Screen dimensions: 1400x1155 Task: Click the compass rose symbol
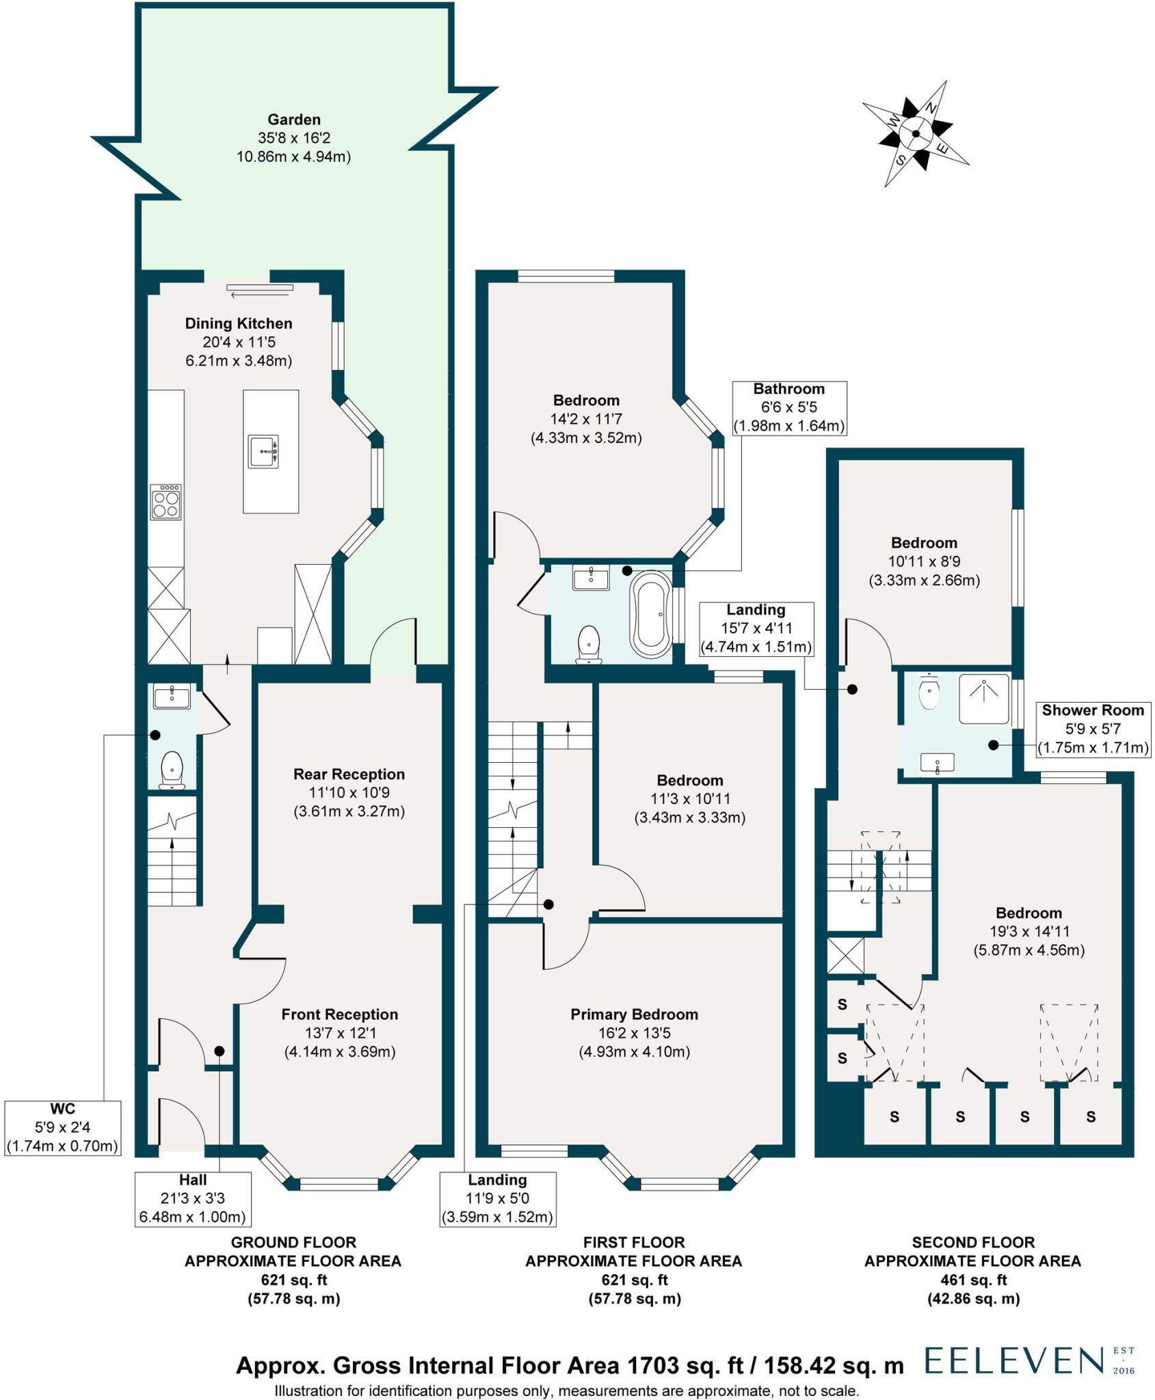[915, 134]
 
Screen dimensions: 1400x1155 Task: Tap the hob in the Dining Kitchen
[166, 502]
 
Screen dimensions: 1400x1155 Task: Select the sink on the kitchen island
[263, 451]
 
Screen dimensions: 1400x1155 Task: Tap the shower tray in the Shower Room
[984, 699]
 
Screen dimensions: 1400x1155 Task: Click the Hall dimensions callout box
[193, 1198]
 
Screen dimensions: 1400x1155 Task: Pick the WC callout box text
[62, 1128]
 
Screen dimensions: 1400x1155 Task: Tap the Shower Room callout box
[1093, 729]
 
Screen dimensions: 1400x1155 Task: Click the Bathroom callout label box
[789, 408]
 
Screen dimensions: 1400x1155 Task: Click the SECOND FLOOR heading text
[972, 1242]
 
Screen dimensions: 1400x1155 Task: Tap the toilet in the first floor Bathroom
[589, 644]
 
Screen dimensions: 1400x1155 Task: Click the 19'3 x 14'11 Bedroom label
[1028, 931]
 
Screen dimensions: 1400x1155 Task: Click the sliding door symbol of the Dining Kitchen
[260, 291]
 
